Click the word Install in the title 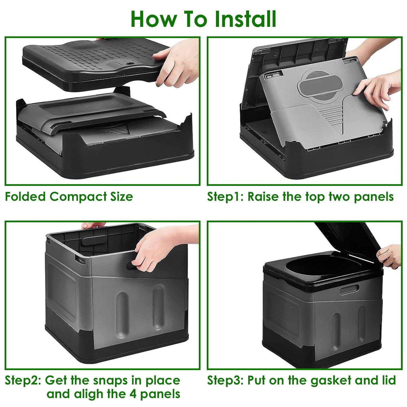[245, 19]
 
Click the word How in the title [154, 19]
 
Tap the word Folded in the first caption [25, 197]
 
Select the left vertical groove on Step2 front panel [122, 311]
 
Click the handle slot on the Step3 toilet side [349, 290]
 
